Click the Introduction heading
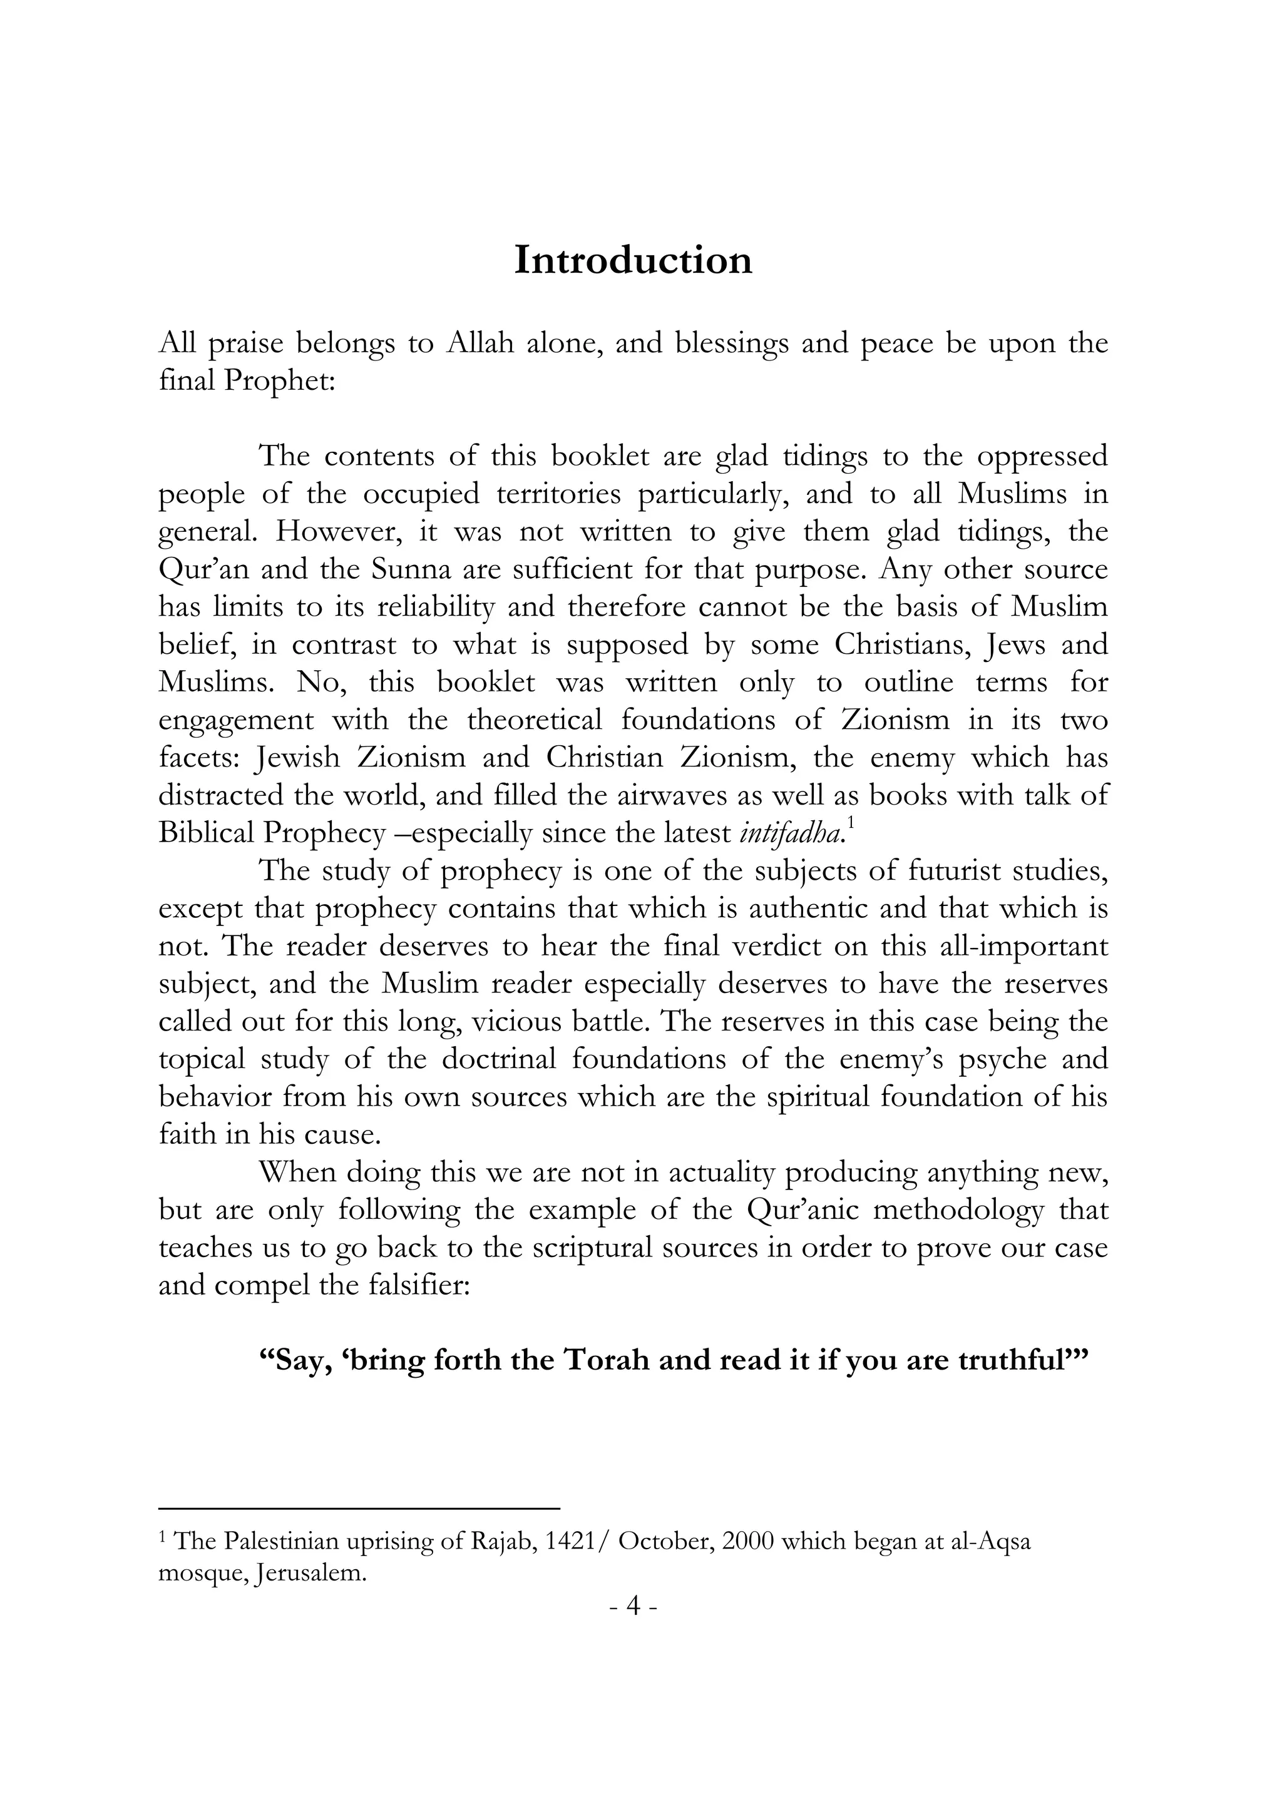[633, 260]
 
